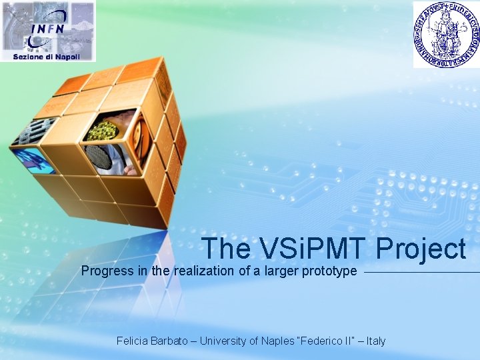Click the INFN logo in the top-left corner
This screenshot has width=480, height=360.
click(47, 30)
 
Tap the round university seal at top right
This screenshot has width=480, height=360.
click(446, 34)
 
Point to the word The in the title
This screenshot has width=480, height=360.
click(225, 249)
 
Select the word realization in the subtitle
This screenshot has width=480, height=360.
click(202, 271)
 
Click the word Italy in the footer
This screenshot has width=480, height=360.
click(375, 341)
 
